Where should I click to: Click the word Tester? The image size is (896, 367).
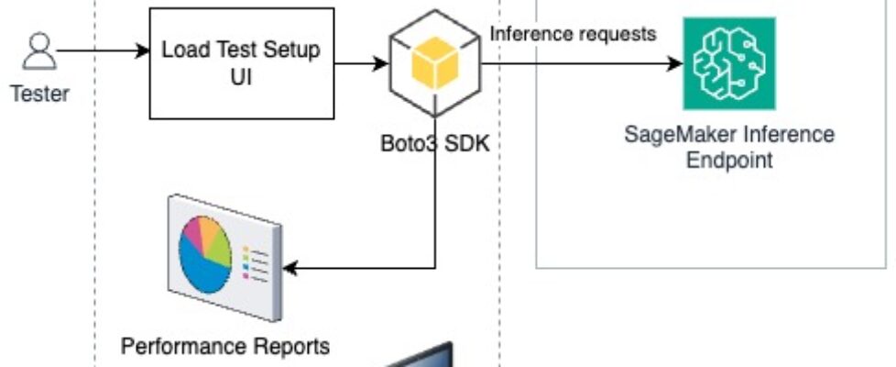pos(39,93)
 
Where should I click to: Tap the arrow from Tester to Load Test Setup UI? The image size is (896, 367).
pos(101,50)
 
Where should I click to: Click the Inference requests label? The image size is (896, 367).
pos(574,35)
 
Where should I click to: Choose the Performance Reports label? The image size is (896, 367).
pos(225,347)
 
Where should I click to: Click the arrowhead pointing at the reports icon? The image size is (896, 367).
pos(290,268)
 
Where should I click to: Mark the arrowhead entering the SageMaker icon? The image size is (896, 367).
pos(676,64)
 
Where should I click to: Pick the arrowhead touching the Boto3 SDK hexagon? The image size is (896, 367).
pos(381,64)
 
